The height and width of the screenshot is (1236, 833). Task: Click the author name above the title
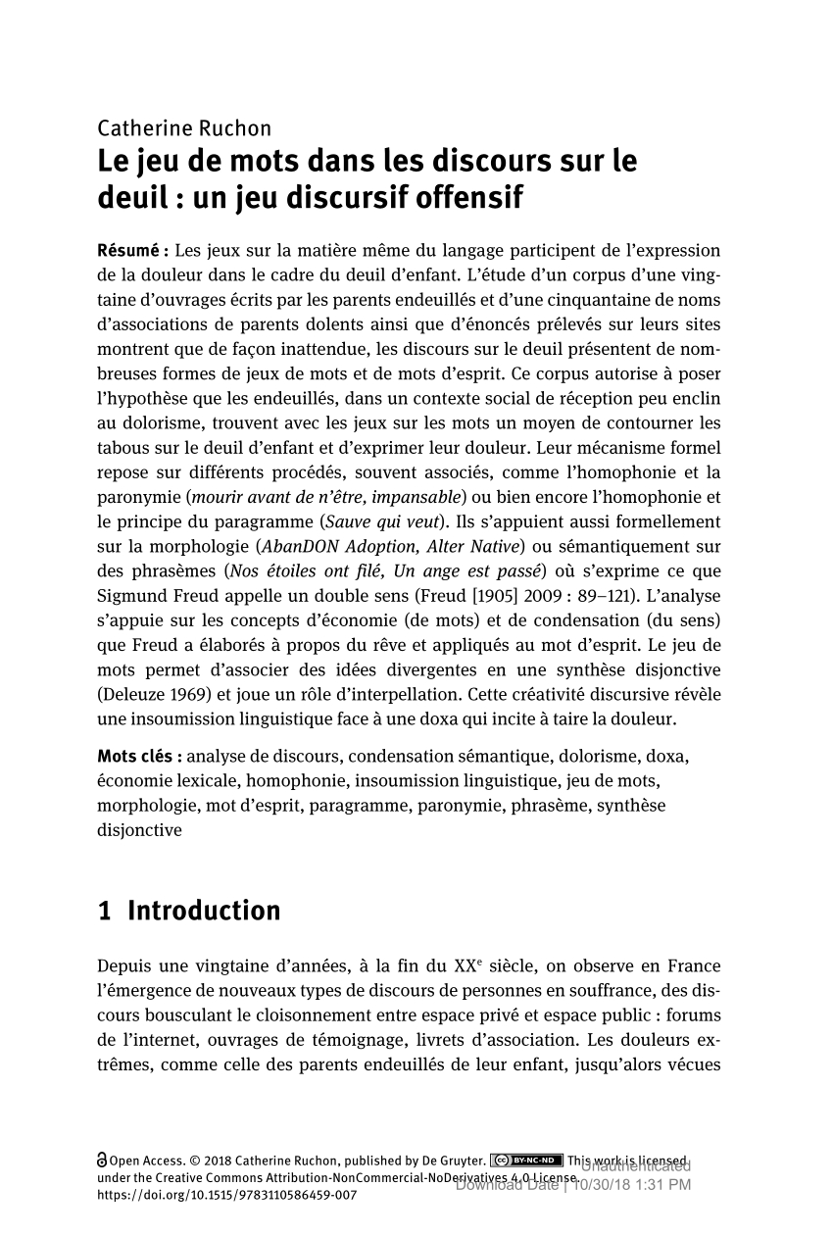pyautogui.click(x=184, y=128)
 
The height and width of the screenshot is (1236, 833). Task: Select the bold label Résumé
pyautogui.click(x=133, y=250)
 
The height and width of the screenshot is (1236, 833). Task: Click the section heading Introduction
pyautogui.click(x=204, y=911)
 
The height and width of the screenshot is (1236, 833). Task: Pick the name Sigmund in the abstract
pyautogui.click(x=133, y=595)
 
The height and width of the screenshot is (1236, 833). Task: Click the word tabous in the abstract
pyautogui.click(x=122, y=448)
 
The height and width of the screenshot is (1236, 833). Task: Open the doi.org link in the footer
pyautogui.click(x=227, y=1196)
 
